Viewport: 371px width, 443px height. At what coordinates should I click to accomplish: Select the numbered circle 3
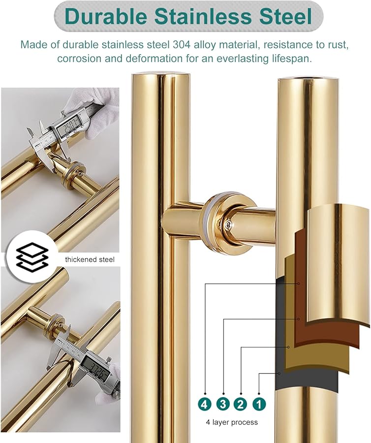click(x=223, y=404)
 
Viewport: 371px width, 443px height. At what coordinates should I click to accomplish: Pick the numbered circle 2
click(x=241, y=404)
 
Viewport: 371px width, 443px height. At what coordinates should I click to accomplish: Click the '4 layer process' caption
click(x=232, y=422)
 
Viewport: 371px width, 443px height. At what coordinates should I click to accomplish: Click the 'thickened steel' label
click(x=90, y=259)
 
